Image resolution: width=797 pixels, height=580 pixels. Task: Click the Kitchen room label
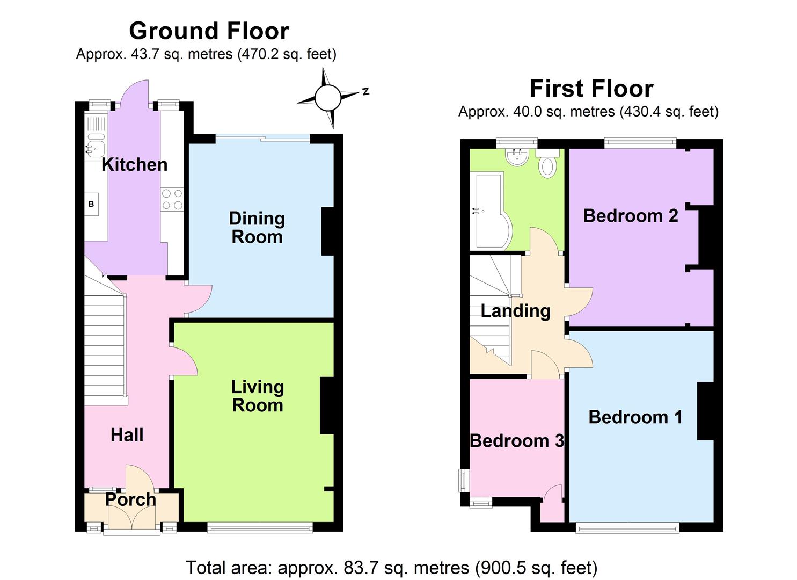click(x=134, y=164)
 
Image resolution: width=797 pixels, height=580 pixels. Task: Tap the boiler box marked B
click(x=91, y=204)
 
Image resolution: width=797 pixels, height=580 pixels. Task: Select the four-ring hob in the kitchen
click(x=172, y=199)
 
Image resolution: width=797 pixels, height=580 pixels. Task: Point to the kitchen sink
click(x=96, y=148)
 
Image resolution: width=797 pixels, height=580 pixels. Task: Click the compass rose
click(x=327, y=98)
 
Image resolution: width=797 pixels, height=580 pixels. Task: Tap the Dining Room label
click(x=257, y=227)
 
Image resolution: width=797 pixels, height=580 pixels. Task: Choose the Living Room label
click(x=257, y=396)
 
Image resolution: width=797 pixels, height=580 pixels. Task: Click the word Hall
click(x=127, y=434)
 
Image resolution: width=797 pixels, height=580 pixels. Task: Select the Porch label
click(x=130, y=499)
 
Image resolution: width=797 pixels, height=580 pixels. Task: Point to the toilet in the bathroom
click(x=547, y=164)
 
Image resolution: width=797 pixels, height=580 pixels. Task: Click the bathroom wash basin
click(x=518, y=156)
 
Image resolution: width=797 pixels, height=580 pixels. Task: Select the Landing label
click(x=515, y=310)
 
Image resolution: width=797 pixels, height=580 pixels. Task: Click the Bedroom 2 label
click(x=631, y=215)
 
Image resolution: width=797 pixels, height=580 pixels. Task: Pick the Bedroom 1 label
click(x=635, y=417)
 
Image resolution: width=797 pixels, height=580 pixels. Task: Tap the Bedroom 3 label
click(x=516, y=440)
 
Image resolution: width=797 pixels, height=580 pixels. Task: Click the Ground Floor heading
click(x=209, y=31)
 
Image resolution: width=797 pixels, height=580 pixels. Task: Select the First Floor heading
click(x=591, y=88)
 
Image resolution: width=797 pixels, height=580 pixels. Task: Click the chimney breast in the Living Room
click(x=327, y=405)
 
